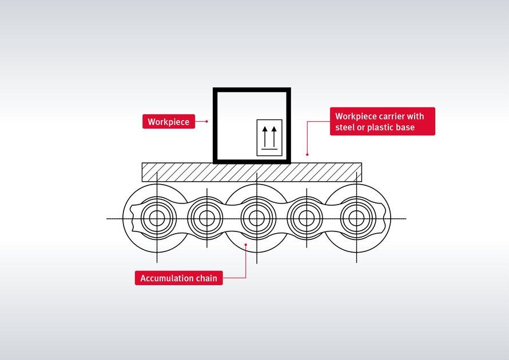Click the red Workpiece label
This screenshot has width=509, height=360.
click(x=169, y=122)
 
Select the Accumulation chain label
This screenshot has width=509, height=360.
click(x=178, y=278)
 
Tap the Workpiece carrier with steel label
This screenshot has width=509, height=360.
click(x=382, y=122)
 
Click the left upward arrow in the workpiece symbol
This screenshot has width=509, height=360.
click(x=264, y=137)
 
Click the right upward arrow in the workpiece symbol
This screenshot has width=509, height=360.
click(x=274, y=137)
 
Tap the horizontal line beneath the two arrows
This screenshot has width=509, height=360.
click(x=269, y=150)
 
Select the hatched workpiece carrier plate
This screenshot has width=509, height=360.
click(x=252, y=172)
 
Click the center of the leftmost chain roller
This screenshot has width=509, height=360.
click(x=156, y=218)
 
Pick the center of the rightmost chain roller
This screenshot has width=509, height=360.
click(x=356, y=218)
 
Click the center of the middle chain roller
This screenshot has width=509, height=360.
click(x=257, y=218)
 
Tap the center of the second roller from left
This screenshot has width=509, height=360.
click(x=206, y=218)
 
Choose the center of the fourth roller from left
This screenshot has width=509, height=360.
click(x=307, y=218)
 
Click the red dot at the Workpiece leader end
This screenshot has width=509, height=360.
click(x=206, y=122)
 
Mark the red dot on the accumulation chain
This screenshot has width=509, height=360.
click(x=246, y=245)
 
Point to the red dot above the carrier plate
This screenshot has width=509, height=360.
click(x=307, y=154)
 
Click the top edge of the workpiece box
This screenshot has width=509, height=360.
click(x=252, y=90)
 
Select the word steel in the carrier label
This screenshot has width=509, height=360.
click(x=345, y=127)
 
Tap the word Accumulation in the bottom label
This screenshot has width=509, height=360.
click(x=166, y=278)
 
